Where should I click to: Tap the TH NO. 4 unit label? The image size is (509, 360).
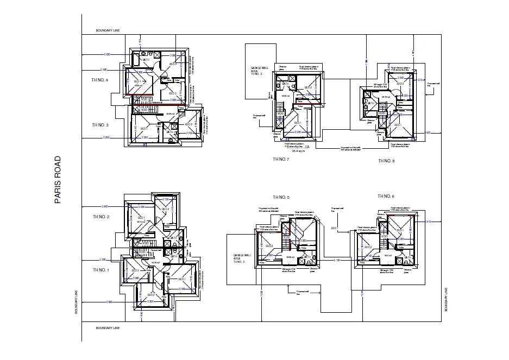(x=99, y=80)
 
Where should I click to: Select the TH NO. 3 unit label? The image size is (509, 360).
(x=100, y=125)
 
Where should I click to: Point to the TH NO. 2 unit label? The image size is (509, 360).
(x=100, y=217)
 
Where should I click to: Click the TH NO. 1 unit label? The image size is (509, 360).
(x=100, y=270)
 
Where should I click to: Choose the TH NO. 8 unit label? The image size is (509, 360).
(x=386, y=161)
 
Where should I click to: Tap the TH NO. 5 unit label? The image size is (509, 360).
(x=281, y=197)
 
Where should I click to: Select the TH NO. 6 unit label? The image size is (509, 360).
(x=386, y=196)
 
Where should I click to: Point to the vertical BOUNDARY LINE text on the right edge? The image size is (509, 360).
(x=446, y=300)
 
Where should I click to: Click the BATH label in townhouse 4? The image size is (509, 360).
(x=146, y=60)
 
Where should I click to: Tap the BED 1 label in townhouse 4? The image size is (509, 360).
(x=137, y=81)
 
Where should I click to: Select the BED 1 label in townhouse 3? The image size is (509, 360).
(x=144, y=128)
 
